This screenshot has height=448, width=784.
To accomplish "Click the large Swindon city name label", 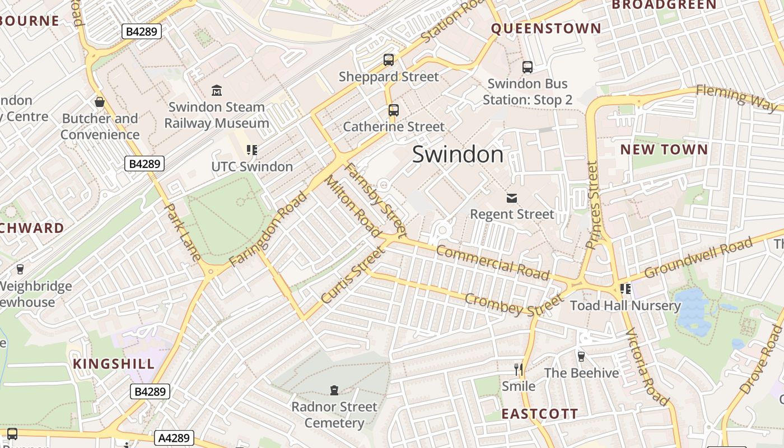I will [458, 155].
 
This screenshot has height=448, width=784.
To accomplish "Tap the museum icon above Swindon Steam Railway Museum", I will [217, 90].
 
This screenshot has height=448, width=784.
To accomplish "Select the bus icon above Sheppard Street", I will [389, 60].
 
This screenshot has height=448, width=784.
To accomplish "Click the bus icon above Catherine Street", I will [393, 110].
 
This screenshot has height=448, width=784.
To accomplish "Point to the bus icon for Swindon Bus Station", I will [528, 67].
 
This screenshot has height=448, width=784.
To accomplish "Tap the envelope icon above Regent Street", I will [512, 198].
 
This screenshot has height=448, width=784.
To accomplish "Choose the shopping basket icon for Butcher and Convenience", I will [100, 102].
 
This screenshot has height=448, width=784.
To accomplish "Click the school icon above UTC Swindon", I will [252, 150].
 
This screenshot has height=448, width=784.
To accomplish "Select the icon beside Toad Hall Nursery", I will [626, 289].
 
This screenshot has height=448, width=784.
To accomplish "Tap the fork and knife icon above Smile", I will [519, 370].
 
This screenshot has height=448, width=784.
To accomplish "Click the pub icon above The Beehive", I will [581, 356].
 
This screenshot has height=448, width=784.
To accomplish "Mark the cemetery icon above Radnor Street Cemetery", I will [334, 390].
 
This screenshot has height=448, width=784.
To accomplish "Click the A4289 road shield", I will [174, 437].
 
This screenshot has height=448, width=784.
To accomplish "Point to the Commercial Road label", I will [492, 262].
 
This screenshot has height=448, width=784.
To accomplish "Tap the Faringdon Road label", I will [269, 229].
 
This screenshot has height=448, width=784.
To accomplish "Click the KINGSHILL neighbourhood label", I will [114, 364].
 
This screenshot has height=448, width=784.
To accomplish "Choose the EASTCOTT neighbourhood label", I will [539, 414].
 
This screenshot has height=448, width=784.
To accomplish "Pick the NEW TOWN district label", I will [664, 150].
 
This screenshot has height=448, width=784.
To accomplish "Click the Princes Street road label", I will [592, 205].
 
